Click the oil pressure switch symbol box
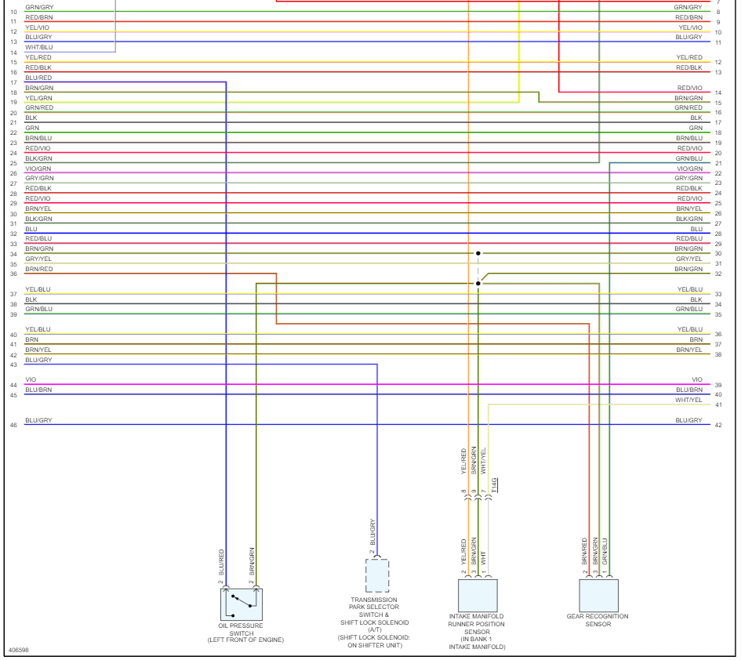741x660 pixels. [241, 604]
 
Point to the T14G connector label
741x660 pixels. [495, 486]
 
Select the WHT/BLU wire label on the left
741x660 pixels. [38, 48]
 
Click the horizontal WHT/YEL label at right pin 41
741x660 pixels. [688, 400]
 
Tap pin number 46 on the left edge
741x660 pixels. [13, 425]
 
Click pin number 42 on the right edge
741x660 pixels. [717, 425]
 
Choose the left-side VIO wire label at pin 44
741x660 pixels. [31, 380]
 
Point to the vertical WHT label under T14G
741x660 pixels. [484, 559]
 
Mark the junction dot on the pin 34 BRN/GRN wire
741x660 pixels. [478, 253]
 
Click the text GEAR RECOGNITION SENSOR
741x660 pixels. [598, 620]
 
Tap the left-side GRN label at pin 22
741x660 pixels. [32, 127]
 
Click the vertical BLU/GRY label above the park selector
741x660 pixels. [373, 532]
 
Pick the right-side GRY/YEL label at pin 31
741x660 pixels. [688, 259]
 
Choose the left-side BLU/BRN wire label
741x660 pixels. [38, 390]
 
